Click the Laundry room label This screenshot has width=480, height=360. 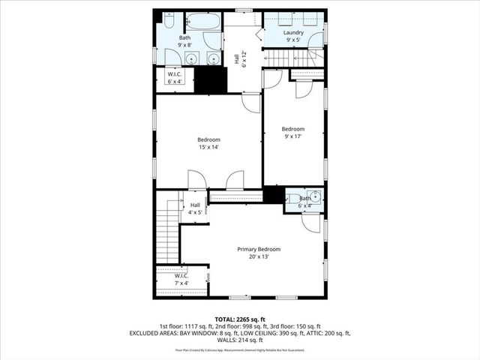[x=292, y=33]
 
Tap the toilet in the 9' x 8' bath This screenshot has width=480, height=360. [x=169, y=20]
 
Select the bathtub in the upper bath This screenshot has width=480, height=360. [x=202, y=21]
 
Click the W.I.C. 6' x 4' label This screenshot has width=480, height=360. [x=174, y=77]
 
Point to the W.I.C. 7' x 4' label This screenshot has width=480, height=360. [x=181, y=279]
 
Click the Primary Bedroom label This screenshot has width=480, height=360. [x=259, y=249]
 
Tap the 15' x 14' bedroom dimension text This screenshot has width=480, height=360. [x=208, y=147]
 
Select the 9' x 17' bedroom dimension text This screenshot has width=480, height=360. [x=292, y=136]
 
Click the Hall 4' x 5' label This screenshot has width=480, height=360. [x=194, y=208]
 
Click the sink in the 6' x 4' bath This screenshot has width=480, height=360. [x=316, y=197]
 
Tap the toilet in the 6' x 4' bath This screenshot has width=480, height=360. [x=293, y=198]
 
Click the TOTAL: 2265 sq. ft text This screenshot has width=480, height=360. [x=240, y=319]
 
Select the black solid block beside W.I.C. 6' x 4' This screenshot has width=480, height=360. [x=211, y=80]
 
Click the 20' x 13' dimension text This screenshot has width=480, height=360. [x=259, y=256]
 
